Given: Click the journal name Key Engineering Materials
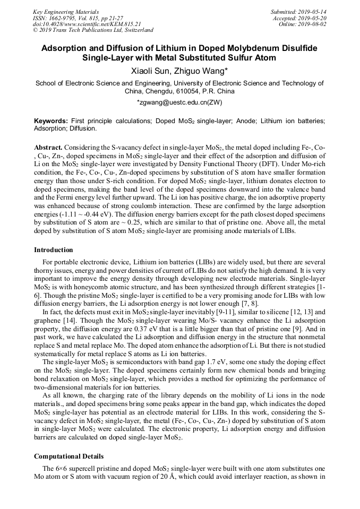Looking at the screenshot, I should pyautogui.click(x=65, y=11).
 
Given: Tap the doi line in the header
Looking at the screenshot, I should pyautogui.click(x=87, y=24).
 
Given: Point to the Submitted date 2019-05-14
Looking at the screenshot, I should pyautogui.click(x=313, y=11).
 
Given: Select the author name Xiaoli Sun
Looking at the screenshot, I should pyautogui.click(x=150, y=71).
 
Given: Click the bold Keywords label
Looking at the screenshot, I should pyautogui.click(x=51, y=121).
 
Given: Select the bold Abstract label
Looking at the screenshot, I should pyautogui.click(x=48, y=146).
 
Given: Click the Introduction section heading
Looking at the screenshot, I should pyautogui.click(x=54, y=249).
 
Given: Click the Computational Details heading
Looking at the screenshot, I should pyautogui.click(x=68, y=456).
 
